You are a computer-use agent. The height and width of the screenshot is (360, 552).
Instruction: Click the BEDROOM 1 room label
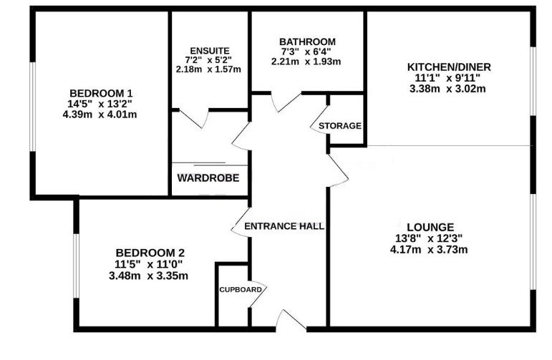click(101, 94)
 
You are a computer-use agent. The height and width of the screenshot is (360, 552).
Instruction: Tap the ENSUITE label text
click(210, 51)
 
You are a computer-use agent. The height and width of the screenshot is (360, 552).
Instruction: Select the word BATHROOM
click(307, 42)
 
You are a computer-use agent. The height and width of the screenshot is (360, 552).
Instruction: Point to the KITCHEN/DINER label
click(449, 67)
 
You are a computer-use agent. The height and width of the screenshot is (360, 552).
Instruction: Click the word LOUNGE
click(430, 227)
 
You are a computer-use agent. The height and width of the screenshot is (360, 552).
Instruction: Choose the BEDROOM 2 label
click(150, 253)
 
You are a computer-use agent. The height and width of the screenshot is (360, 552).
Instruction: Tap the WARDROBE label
click(208, 177)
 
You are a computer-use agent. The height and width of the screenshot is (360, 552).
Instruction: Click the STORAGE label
click(339, 126)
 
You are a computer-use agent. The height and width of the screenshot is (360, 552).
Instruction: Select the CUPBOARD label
click(241, 290)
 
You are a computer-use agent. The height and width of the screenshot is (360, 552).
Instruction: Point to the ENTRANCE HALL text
click(284, 226)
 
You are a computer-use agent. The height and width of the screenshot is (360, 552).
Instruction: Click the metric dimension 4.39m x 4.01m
click(100, 115)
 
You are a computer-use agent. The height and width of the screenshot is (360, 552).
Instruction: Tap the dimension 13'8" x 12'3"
click(429, 238)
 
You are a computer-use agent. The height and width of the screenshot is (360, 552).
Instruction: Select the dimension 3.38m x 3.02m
click(447, 88)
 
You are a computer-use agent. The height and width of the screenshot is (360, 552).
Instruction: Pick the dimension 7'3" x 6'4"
click(306, 52)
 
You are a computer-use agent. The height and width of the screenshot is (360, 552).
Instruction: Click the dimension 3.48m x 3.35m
click(148, 276)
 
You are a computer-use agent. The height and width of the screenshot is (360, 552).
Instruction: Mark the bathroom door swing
click(286, 102)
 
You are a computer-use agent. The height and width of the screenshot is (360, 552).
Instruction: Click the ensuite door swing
click(194, 119)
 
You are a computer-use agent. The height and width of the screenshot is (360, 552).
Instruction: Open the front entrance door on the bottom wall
click(291, 321)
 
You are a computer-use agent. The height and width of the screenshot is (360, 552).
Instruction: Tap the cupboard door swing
click(258, 295)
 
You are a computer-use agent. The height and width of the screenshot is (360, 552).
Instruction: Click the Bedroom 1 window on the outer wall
click(33, 107)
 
